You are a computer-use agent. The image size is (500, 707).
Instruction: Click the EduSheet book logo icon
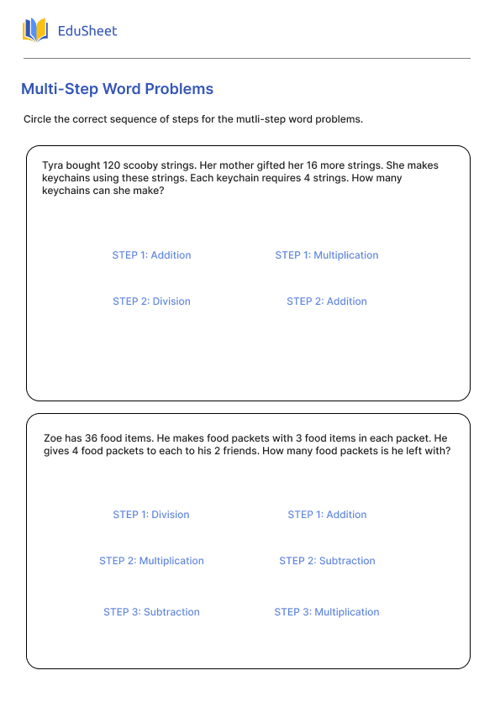click(x=35, y=31)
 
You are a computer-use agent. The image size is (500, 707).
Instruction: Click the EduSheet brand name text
click(x=87, y=31)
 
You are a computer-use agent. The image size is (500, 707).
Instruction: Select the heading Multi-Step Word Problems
click(x=117, y=89)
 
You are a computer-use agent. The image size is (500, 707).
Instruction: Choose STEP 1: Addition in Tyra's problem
click(x=151, y=255)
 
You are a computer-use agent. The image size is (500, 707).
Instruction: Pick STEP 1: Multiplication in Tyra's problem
click(x=327, y=255)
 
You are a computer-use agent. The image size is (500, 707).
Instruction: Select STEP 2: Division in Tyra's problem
click(x=151, y=301)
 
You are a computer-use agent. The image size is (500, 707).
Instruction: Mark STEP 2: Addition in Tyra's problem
click(x=327, y=301)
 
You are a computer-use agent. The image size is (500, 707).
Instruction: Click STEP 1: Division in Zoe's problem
click(x=151, y=515)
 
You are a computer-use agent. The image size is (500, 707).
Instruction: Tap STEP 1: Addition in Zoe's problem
click(x=327, y=515)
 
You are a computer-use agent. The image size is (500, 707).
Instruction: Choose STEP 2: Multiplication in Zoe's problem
click(x=151, y=561)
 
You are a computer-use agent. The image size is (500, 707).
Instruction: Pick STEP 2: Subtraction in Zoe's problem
click(x=327, y=561)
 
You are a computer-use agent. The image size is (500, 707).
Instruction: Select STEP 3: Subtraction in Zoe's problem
click(x=151, y=612)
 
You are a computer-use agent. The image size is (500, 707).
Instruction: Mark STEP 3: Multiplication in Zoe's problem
click(x=327, y=612)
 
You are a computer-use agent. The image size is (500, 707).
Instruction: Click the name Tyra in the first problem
click(x=52, y=166)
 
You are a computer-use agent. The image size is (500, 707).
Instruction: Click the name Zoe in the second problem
click(x=53, y=438)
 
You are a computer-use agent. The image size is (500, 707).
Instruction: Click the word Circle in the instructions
click(x=39, y=119)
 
